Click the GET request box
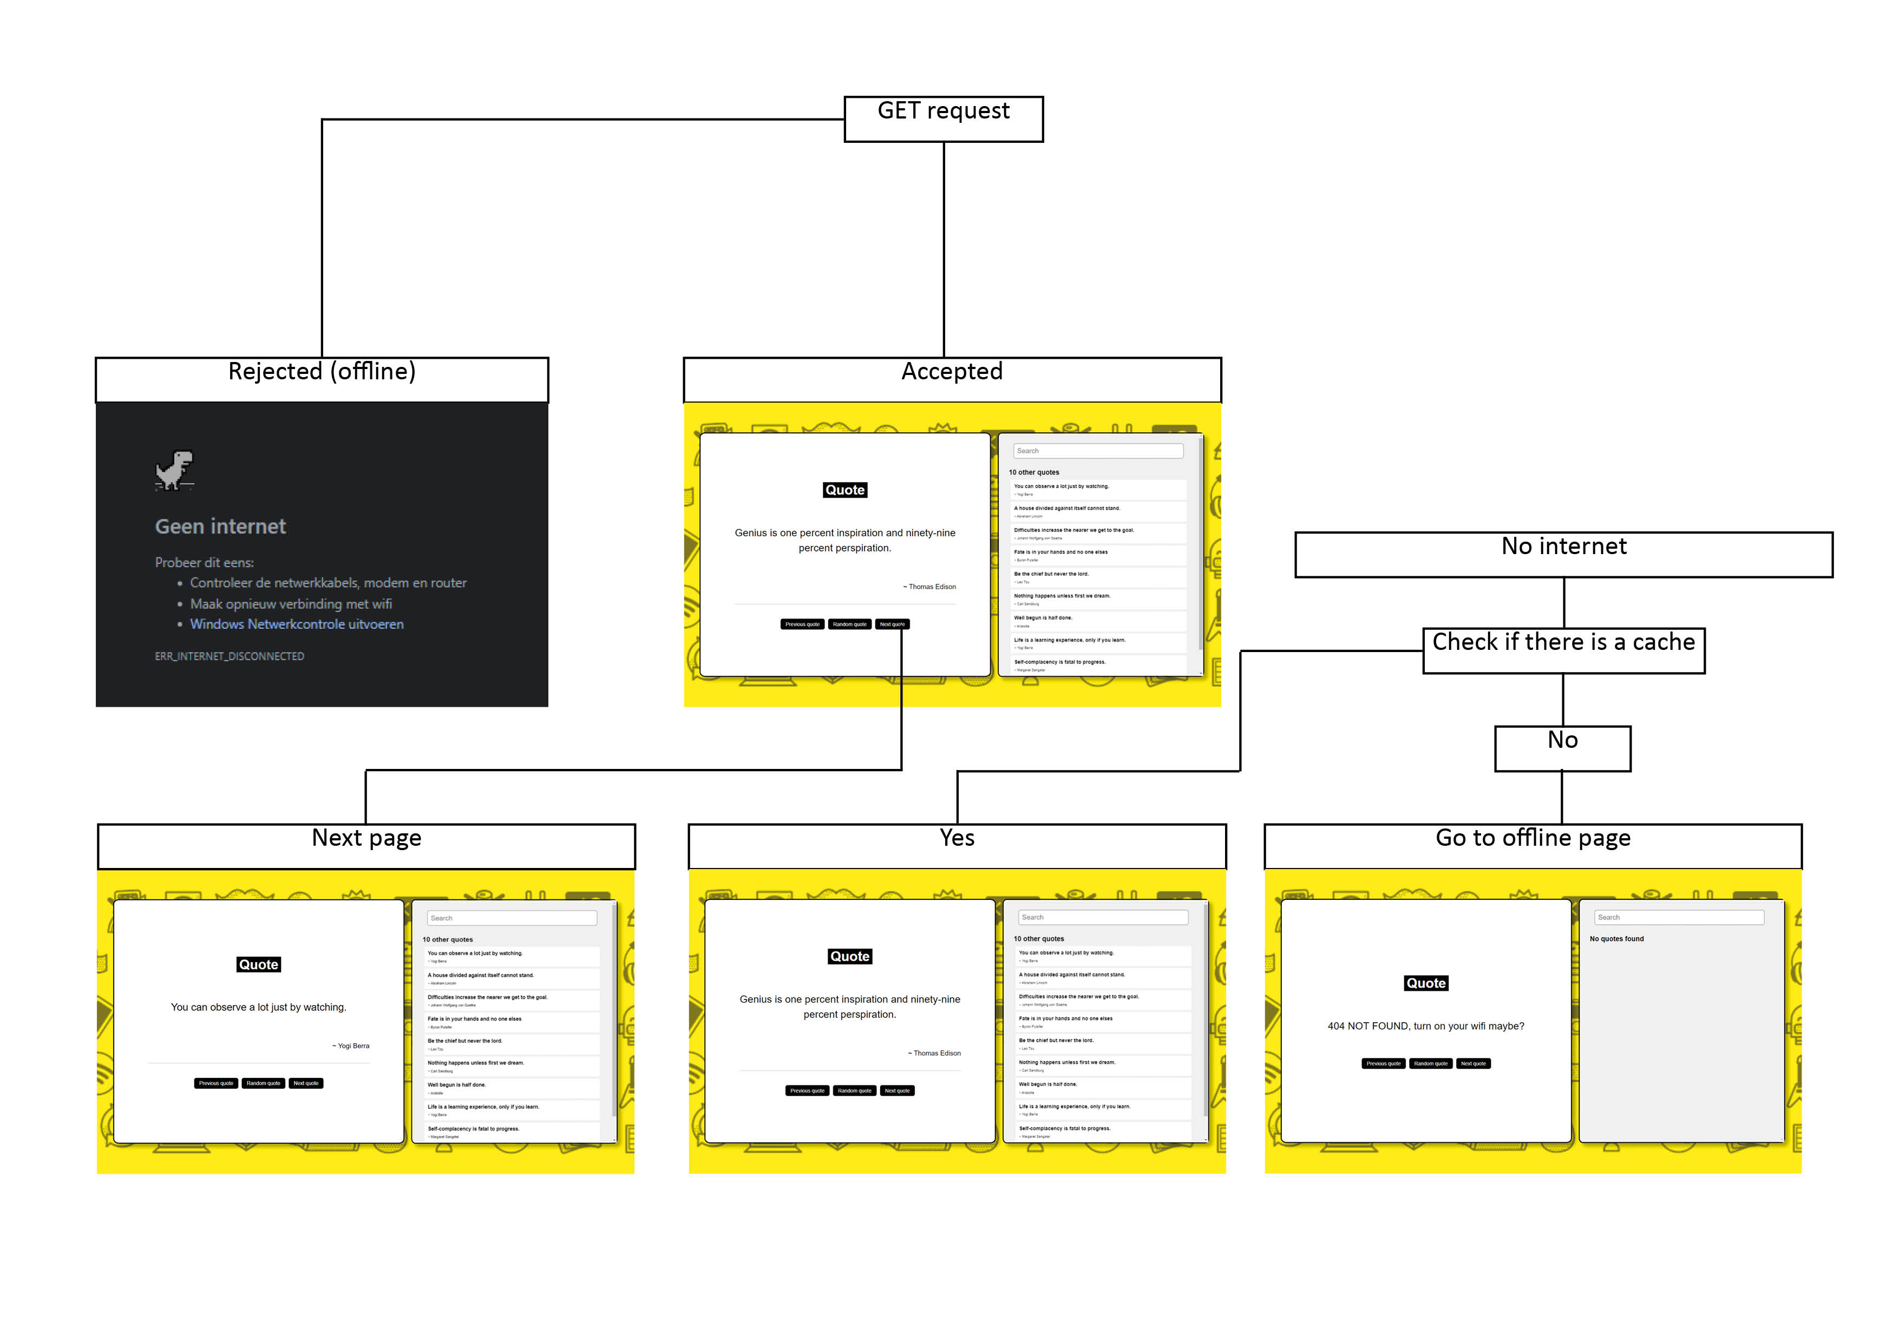[943, 119]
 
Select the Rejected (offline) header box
[322, 379]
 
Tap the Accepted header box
[952, 379]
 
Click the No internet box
[1563, 554]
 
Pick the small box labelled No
[1562, 748]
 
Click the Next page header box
[366, 846]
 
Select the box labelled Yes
[957, 846]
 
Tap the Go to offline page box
[1533, 846]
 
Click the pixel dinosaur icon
[174, 470]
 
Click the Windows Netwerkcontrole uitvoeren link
[297, 624]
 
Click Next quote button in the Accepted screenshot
[893, 624]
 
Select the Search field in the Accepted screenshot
[1097, 451]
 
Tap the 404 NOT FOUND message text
[1425, 1026]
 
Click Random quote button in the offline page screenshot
[1430, 1063]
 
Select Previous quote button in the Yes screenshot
[807, 1090]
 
